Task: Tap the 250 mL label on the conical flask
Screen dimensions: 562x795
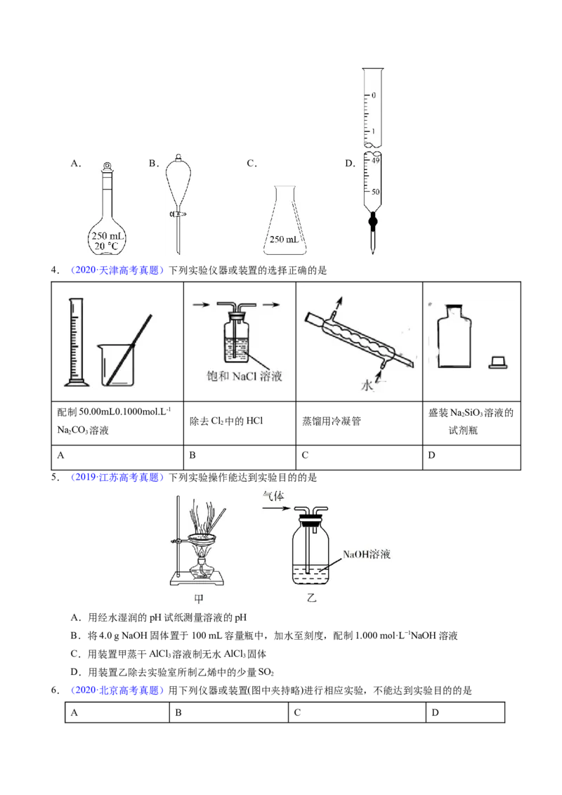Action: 284,239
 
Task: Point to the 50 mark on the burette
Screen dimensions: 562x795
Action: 375,192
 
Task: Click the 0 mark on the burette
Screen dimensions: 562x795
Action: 374,95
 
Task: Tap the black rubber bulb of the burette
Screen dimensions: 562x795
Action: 373,221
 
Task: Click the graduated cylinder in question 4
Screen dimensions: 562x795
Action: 76,342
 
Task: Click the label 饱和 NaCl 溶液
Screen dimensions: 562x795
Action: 244,376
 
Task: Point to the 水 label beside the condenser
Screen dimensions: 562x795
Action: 367,386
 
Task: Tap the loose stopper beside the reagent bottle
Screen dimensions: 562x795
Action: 497,362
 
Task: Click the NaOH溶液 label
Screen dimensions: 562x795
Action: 366,554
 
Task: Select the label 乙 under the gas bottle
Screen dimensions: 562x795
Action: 311,598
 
